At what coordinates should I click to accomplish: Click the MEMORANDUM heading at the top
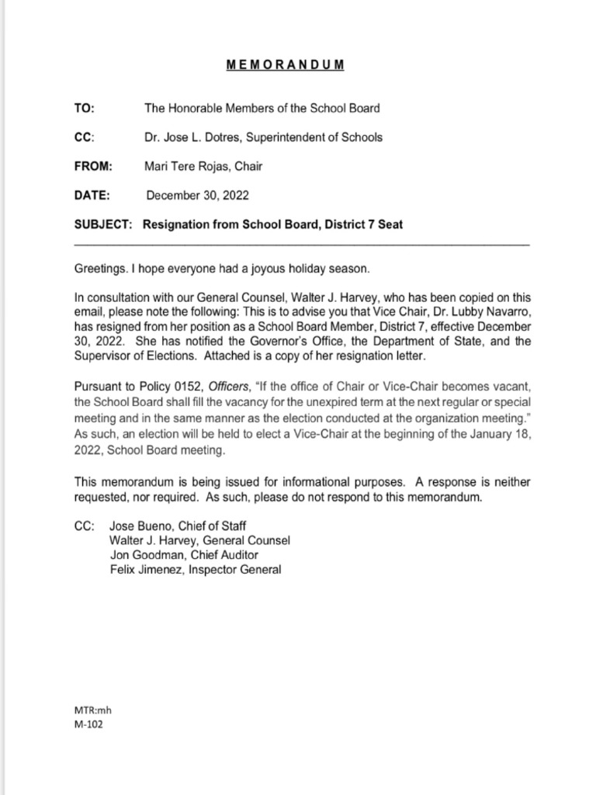[x=286, y=65]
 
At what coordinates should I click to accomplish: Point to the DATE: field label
[x=92, y=196]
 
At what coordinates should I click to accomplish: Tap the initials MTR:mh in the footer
[x=87, y=710]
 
